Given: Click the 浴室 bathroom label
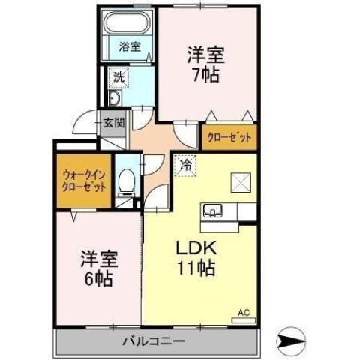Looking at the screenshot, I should (x=129, y=46).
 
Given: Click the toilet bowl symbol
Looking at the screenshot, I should (x=127, y=181).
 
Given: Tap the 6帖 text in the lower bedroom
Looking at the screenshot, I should (x=97, y=279).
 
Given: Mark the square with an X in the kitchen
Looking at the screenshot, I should (x=240, y=183).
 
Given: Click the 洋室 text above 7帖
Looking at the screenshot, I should (x=204, y=54).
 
